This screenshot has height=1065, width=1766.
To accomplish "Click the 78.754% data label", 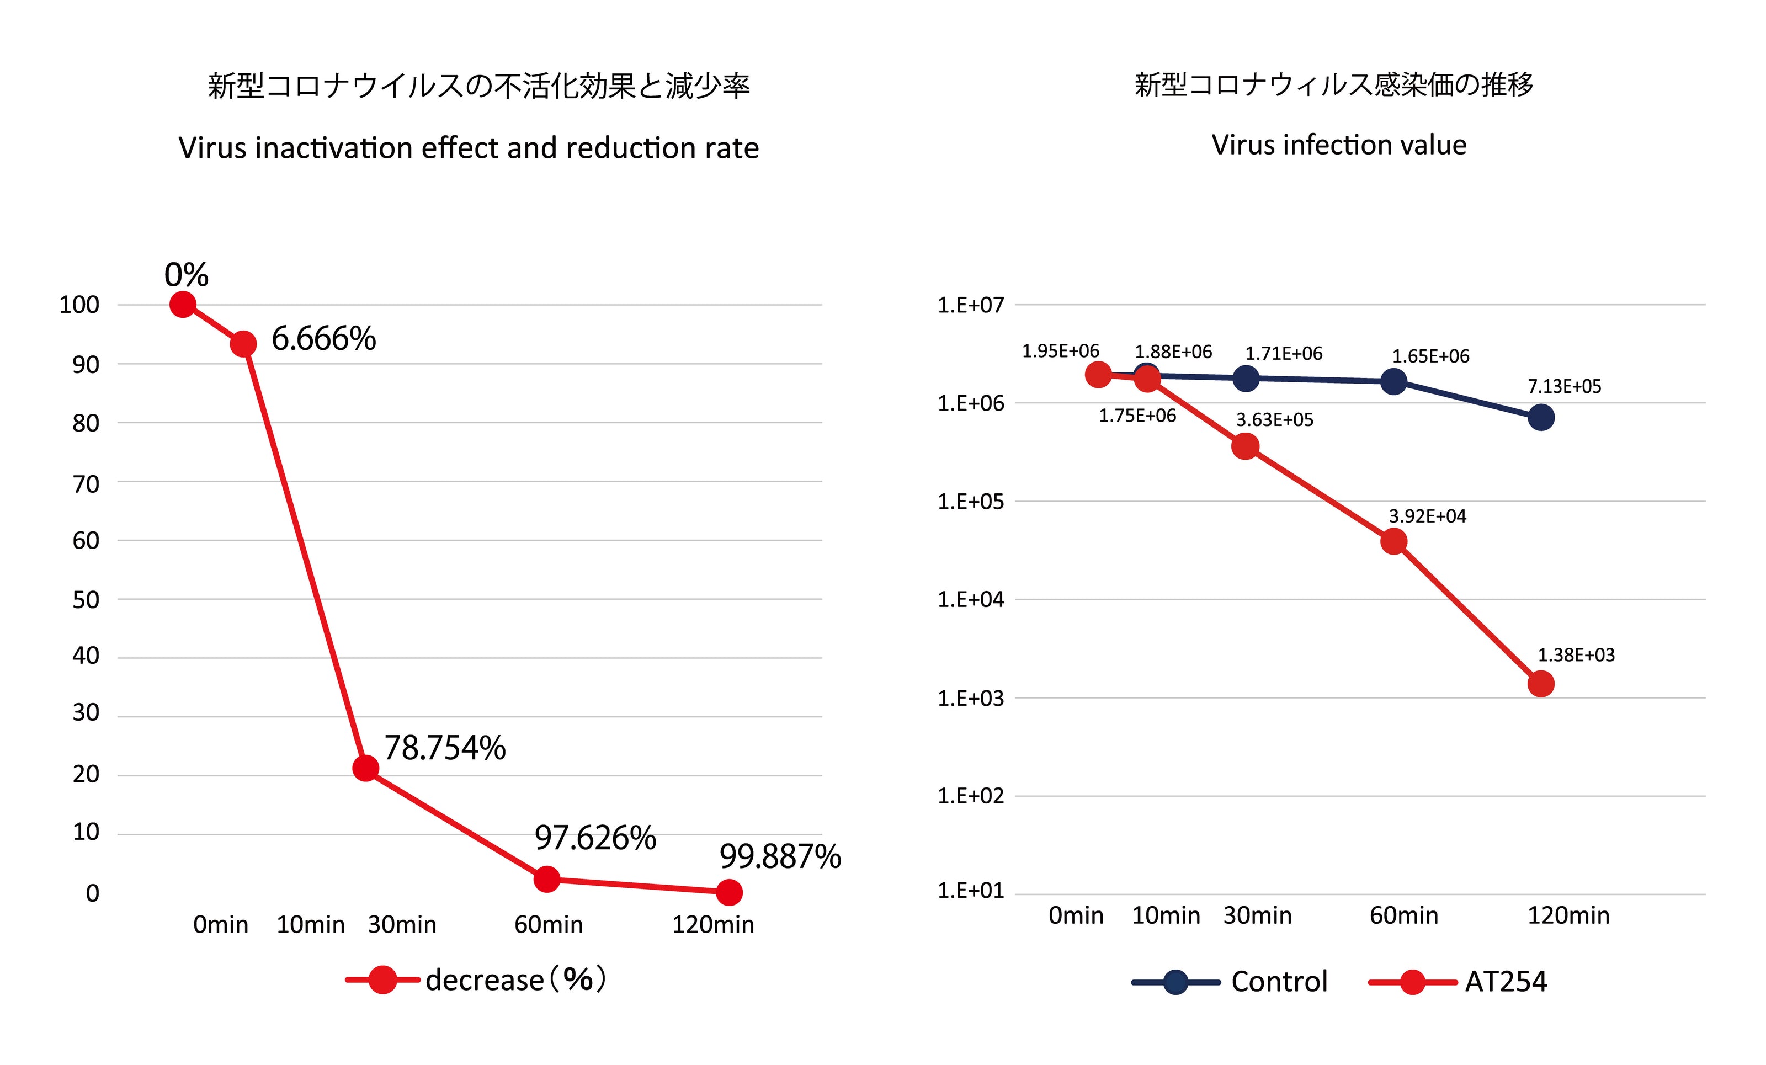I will coord(445,748).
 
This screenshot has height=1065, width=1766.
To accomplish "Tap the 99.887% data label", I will coord(780,856).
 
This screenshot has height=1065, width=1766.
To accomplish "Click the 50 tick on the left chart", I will coord(86,600).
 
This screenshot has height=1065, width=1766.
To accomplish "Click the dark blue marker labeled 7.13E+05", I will coord(1541,417).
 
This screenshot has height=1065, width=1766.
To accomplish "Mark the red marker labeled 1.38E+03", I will coord(1541,684).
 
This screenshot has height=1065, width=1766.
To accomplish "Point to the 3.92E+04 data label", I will coord(1427,516).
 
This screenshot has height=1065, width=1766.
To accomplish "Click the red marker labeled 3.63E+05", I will coord(1246,446).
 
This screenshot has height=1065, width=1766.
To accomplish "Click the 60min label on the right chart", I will coord(1403,915).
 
